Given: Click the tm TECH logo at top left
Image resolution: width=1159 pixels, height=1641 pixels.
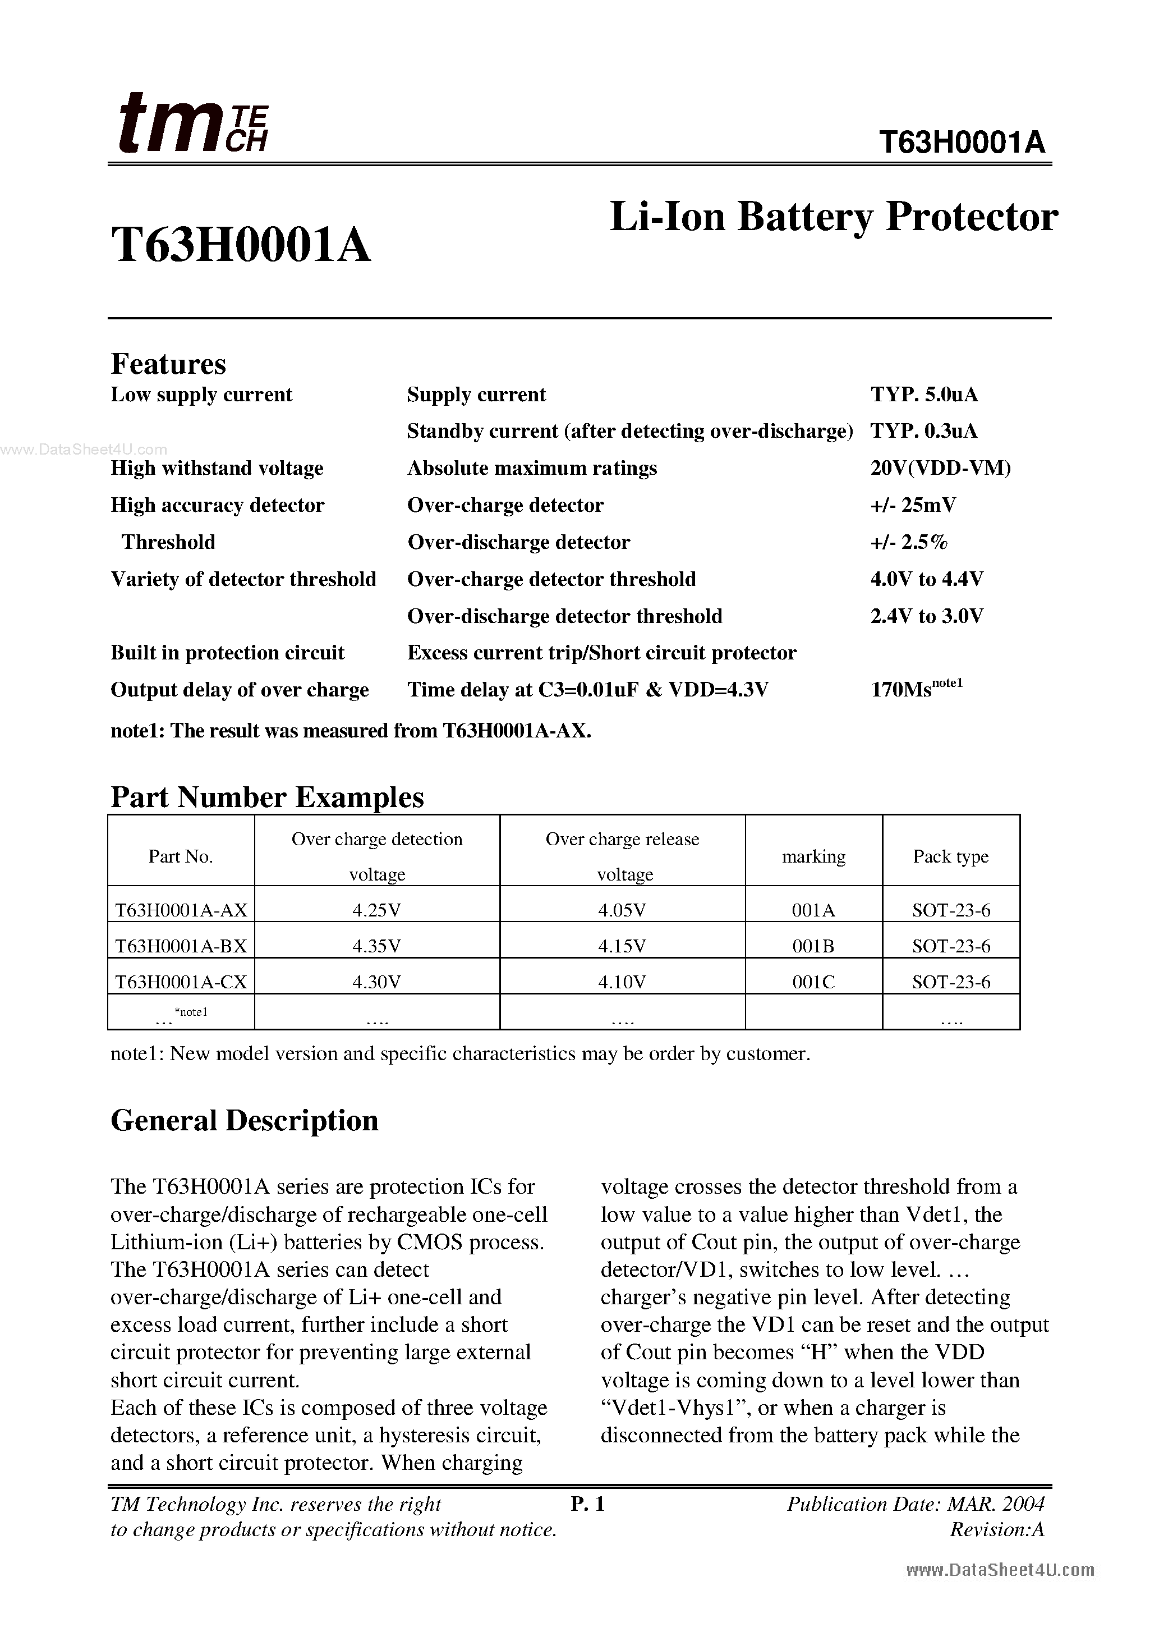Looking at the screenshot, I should pyautogui.click(x=191, y=125).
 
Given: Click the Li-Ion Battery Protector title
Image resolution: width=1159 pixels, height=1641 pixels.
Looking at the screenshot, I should pyautogui.click(x=833, y=217).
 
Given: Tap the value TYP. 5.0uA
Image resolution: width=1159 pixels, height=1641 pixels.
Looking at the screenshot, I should pyautogui.click(x=923, y=395).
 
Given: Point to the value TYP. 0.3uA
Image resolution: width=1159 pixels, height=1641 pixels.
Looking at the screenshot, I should pyautogui.click(x=923, y=432).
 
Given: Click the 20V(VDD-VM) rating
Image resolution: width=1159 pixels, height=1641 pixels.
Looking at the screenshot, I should pyautogui.click(x=940, y=469).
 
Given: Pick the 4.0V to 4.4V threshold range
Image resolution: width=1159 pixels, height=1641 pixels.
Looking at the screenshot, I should pyautogui.click(x=926, y=579).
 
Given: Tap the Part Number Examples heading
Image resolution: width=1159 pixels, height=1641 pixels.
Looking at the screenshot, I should pyautogui.click(x=266, y=797).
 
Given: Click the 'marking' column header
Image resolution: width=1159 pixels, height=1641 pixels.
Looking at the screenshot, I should pyautogui.click(x=813, y=856).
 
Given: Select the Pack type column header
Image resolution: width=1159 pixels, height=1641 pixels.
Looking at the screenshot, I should pyautogui.click(x=950, y=856).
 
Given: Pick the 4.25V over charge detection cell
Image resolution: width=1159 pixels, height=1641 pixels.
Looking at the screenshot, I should pyautogui.click(x=376, y=910).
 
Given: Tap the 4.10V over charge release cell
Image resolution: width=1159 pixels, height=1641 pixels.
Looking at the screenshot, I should pyautogui.click(x=622, y=983).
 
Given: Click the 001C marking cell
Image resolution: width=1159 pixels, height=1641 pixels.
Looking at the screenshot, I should pyautogui.click(x=813, y=983).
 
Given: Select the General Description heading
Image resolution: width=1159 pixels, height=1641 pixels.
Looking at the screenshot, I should pyautogui.click(x=245, y=1121).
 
